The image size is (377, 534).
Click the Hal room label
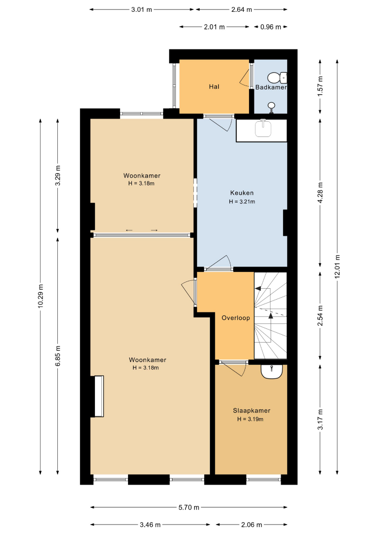pyautogui.click(x=214, y=87)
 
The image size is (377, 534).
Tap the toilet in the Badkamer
pyautogui.click(x=278, y=78)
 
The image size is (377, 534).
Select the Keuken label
pyautogui.click(x=242, y=193)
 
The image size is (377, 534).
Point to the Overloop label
pyautogui.click(x=236, y=318)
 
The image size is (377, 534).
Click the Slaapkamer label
pyautogui.click(x=251, y=411)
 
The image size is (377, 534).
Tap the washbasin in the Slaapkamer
pyautogui.click(x=272, y=371)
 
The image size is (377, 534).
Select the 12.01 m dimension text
pyautogui.click(x=337, y=267)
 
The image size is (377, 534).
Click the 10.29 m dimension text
pyautogui.click(x=41, y=296)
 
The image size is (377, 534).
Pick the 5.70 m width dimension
pyautogui.click(x=189, y=507)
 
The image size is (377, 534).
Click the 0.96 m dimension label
pyautogui.click(x=271, y=27)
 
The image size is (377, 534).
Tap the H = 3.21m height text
pyautogui.click(x=242, y=202)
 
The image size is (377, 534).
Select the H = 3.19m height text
pyautogui.click(x=251, y=419)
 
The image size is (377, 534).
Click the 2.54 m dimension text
pyautogui.click(x=320, y=315)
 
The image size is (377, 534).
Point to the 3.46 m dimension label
pyautogui.click(x=150, y=525)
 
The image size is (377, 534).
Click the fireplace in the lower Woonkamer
pyautogui.click(x=97, y=396)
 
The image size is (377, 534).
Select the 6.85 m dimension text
pyautogui.click(x=58, y=356)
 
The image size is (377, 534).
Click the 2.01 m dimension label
pyautogui.click(x=214, y=27)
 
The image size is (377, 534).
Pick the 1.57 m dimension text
pyautogui.click(x=320, y=87)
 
